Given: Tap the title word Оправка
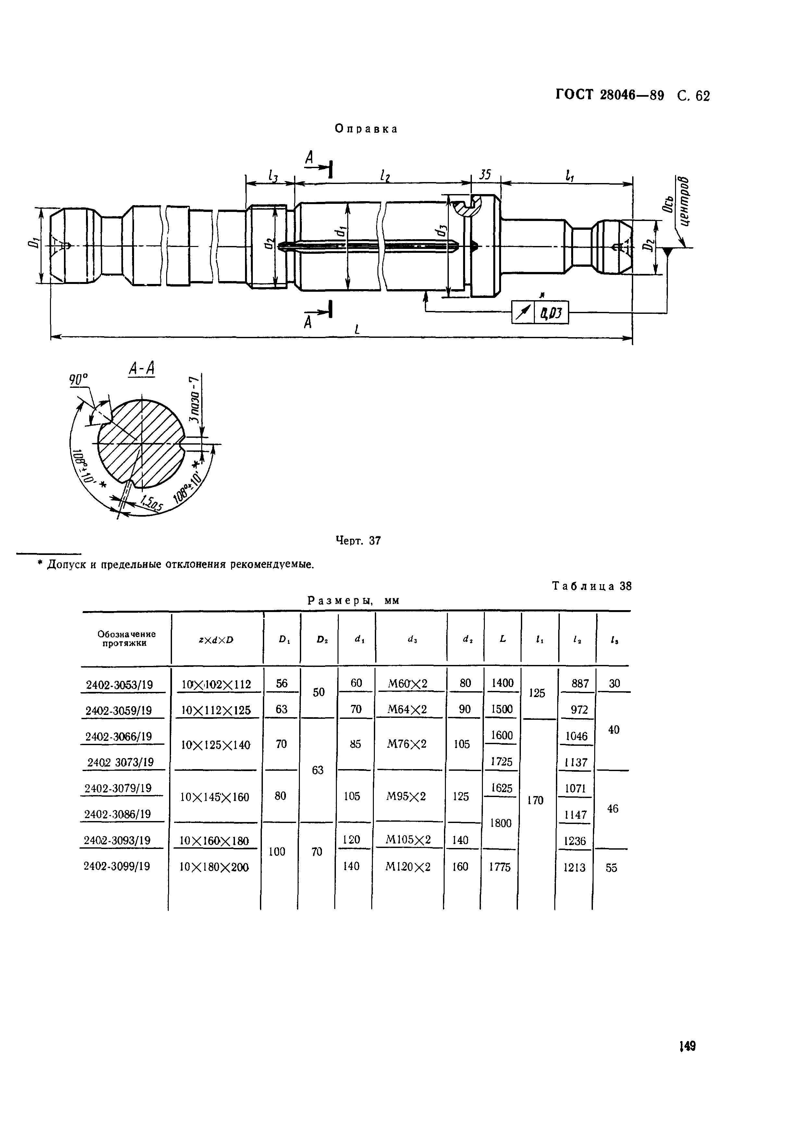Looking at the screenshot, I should (366, 129).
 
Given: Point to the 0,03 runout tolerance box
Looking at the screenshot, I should (551, 313).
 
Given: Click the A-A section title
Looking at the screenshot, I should (142, 369).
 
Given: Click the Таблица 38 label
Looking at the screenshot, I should (592, 586).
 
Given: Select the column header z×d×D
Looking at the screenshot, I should (216, 640).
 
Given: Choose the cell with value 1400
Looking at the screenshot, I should (502, 683).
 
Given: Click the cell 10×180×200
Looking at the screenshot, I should (214, 867).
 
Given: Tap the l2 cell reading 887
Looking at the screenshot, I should (580, 683).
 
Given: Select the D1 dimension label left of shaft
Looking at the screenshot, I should (33, 244).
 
